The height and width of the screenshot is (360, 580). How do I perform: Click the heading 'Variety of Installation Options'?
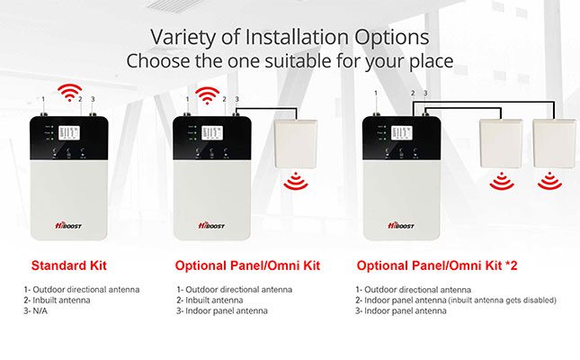[x=289, y=37]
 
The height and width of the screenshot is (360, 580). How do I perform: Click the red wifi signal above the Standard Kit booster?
[x=67, y=92]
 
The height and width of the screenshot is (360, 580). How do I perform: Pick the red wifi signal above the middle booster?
[x=209, y=93]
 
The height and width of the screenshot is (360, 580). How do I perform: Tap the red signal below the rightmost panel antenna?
[x=549, y=184]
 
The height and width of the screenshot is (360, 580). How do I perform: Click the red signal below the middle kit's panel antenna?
[x=294, y=184]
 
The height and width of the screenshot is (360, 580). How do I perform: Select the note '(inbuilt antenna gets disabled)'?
[x=497, y=300]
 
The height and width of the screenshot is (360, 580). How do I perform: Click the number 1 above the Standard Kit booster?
[x=43, y=98]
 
